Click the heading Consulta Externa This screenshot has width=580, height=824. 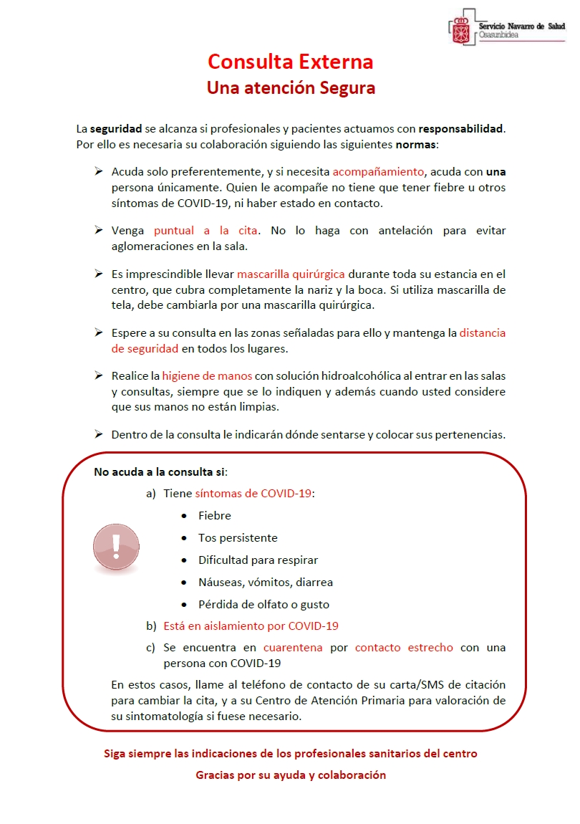[x=290, y=62]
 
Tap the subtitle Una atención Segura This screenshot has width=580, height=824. [x=291, y=88]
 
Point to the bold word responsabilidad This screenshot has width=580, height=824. [x=461, y=130]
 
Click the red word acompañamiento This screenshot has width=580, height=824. [x=378, y=172]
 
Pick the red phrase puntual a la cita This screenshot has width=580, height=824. [x=202, y=231]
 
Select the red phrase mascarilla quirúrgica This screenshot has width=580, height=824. [x=291, y=274]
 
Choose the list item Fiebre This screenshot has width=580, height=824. [x=215, y=516]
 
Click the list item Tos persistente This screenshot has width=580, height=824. [x=238, y=538]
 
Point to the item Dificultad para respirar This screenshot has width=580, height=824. [x=258, y=560]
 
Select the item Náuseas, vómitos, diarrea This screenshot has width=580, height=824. [x=266, y=583]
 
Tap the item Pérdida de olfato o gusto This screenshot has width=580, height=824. [x=264, y=604]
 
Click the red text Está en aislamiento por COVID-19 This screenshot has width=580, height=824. [x=251, y=626]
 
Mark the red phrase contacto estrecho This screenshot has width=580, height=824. [x=404, y=648]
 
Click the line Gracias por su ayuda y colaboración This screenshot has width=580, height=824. [x=291, y=775]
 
